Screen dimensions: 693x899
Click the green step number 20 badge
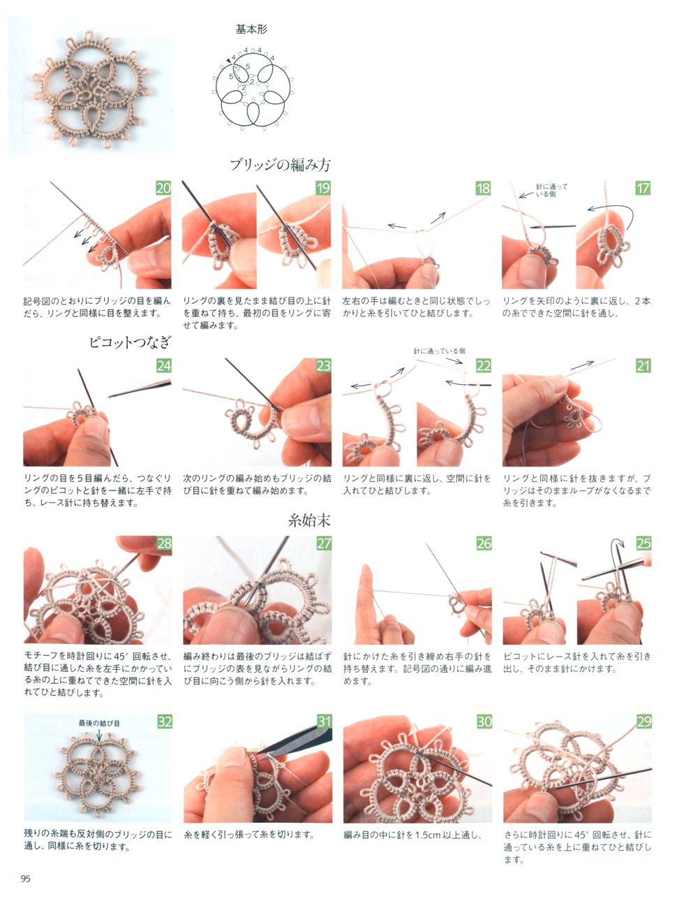click(163, 188)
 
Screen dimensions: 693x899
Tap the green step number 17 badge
click(643, 188)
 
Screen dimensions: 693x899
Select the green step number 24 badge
click(163, 366)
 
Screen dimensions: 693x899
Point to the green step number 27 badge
click(324, 543)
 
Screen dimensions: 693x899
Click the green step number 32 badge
click(164, 722)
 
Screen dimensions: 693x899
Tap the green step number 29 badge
click(643, 722)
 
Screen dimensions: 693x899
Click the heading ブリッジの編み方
click(280, 165)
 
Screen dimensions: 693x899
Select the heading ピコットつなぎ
click(130, 342)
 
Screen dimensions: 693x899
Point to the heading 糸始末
click(310, 520)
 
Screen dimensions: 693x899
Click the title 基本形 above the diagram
click(251, 29)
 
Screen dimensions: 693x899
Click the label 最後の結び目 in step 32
click(99, 723)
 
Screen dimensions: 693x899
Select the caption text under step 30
click(413, 835)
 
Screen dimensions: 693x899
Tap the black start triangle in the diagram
click(228, 61)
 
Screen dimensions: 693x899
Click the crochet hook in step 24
click(140, 388)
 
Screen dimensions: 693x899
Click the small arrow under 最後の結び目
click(99, 735)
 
